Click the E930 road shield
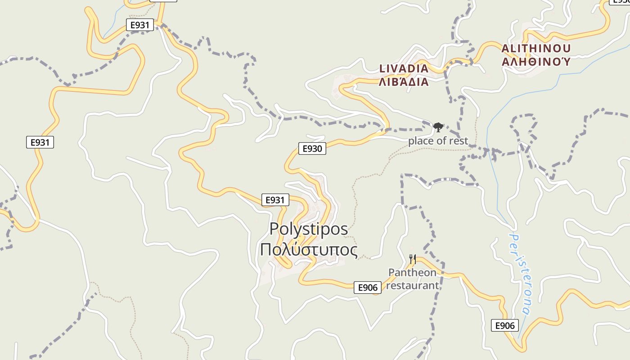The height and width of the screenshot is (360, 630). pyautogui.click(x=312, y=148)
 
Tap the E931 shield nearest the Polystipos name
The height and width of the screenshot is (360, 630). pyautogui.click(x=275, y=200)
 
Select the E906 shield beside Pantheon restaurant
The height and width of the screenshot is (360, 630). pyautogui.click(x=368, y=288)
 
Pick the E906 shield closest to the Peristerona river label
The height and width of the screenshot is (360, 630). pyautogui.click(x=505, y=325)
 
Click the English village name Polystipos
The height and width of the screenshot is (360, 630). pyautogui.click(x=309, y=229)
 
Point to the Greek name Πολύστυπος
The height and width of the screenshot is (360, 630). pyautogui.click(x=309, y=250)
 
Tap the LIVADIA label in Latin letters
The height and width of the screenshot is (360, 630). pyautogui.click(x=404, y=69)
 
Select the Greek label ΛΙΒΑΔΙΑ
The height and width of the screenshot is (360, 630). pyautogui.click(x=404, y=82)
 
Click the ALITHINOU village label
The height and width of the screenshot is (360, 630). pyautogui.click(x=536, y=49)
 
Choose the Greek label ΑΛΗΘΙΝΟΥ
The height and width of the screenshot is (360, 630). pyautogui.click(x=536, y=62)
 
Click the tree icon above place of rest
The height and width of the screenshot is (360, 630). pyautogui.click(x=438, y=127)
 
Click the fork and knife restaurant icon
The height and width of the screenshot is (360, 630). pyautogui.click(x=413, y=259)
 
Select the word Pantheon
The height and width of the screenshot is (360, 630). pyautogui.click(x=412, y=273)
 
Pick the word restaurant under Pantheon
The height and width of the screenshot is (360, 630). pyautogui.click(x=413, y=285)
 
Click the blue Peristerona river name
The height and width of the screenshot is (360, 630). pyautogui.click(x=520, y=274)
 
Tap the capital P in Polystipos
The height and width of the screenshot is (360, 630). pyautogui.click(x=274, y=229)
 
